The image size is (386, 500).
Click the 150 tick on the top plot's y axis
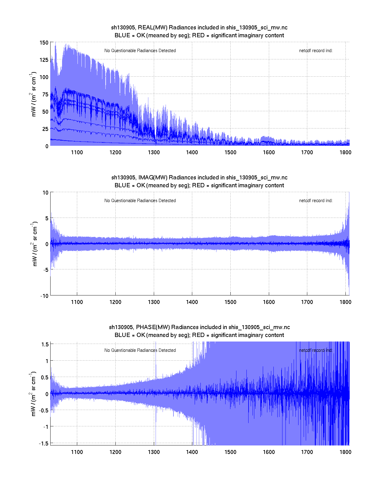44,43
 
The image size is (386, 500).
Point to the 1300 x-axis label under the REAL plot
154,152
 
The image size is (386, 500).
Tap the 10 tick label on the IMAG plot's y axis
45,193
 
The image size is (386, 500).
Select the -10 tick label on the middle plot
44,296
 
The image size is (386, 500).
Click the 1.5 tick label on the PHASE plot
45,344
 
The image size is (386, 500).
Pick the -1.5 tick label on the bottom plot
44,443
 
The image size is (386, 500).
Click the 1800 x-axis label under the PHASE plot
345,452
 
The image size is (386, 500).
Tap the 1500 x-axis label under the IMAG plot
230,302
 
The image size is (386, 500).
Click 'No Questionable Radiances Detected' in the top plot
140,51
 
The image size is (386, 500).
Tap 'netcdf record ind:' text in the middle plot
315,201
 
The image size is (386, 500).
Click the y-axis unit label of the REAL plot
34,94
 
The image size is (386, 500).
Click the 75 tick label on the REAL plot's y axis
45,95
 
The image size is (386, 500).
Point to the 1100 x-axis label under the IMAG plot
77,302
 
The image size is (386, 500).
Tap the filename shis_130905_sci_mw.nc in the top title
257,28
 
